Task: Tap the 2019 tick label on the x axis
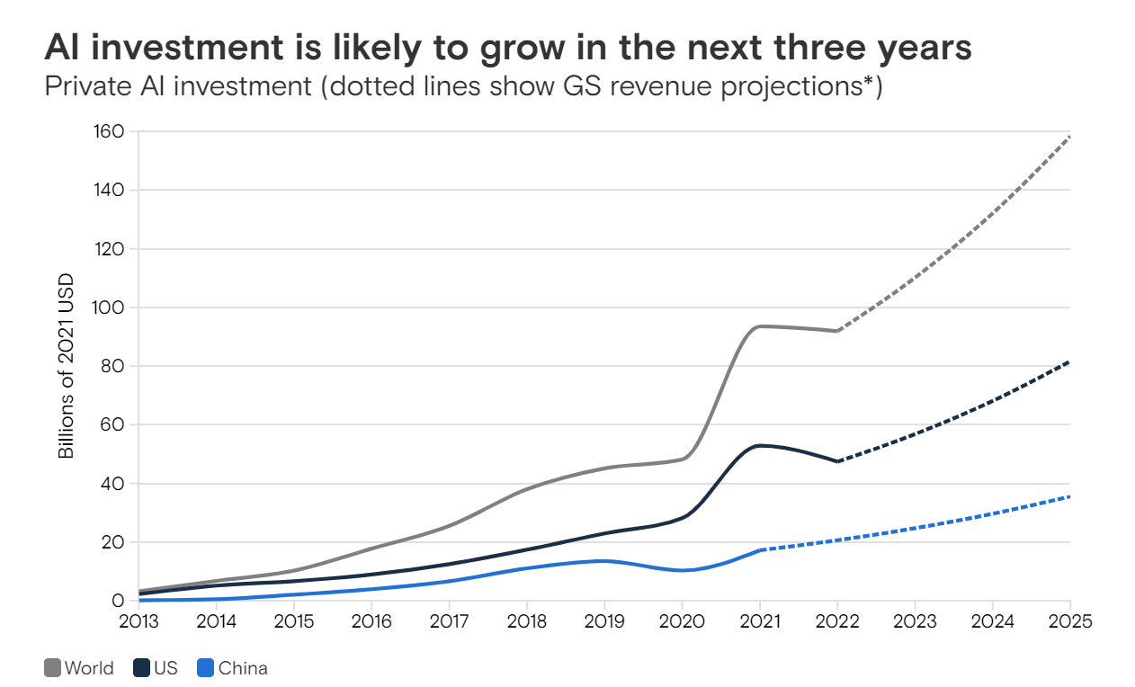(603, 622)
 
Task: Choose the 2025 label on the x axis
(1069, 622)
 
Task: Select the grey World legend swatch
(52, 668)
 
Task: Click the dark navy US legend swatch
(141, 668)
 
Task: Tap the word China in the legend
(243, 668)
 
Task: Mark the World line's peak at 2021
(761, 326)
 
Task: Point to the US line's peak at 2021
(761, 445)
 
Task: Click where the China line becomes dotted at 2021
(761, 549)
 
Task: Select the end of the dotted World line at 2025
(1070, 137)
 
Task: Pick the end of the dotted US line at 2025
(1070, 361)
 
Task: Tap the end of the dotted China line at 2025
(1070, 496)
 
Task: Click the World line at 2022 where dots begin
(837, 331)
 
